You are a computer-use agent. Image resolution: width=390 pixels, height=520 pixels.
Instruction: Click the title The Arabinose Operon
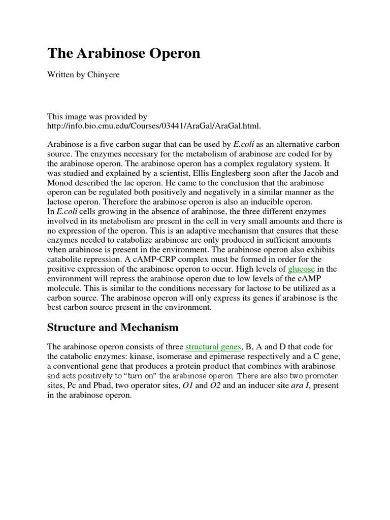tap(124, 54)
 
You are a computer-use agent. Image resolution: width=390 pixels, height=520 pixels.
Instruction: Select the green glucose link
tap(302, 269)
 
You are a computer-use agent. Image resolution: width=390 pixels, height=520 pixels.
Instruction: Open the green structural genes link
tap(213, 347)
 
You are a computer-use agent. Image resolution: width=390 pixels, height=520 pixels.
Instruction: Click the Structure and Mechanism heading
tap(113, 328)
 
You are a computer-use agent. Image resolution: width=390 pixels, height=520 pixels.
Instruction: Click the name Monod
tap(60, 182)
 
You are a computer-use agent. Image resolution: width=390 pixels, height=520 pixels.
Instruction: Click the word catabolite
tap(66, 259)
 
